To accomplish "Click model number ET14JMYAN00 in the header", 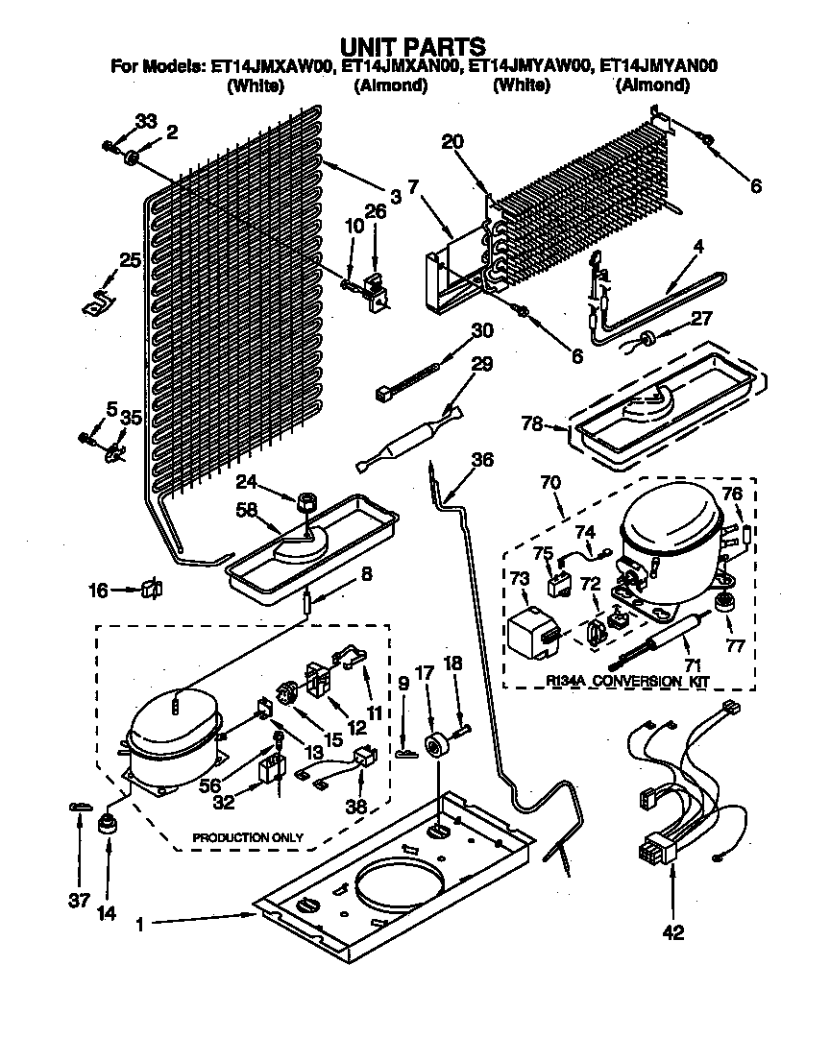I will click(x=659, y=66).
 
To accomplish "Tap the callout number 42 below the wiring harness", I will click(x=673, y=932).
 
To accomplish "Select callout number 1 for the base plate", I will click(x=141, y=925).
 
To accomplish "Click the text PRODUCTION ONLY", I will click(x=247, y=837).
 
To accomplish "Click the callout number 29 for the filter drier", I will click(x=481, y=365).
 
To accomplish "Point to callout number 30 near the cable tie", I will click(x=481, y=331).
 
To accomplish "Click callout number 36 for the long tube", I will click(x=481, y=461).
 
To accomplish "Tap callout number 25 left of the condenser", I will click(x=130, y=259).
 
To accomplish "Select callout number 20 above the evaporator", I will click(x=452, y=141).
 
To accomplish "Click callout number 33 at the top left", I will click(x=145, y=121).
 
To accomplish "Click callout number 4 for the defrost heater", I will click(x=697, y=246).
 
